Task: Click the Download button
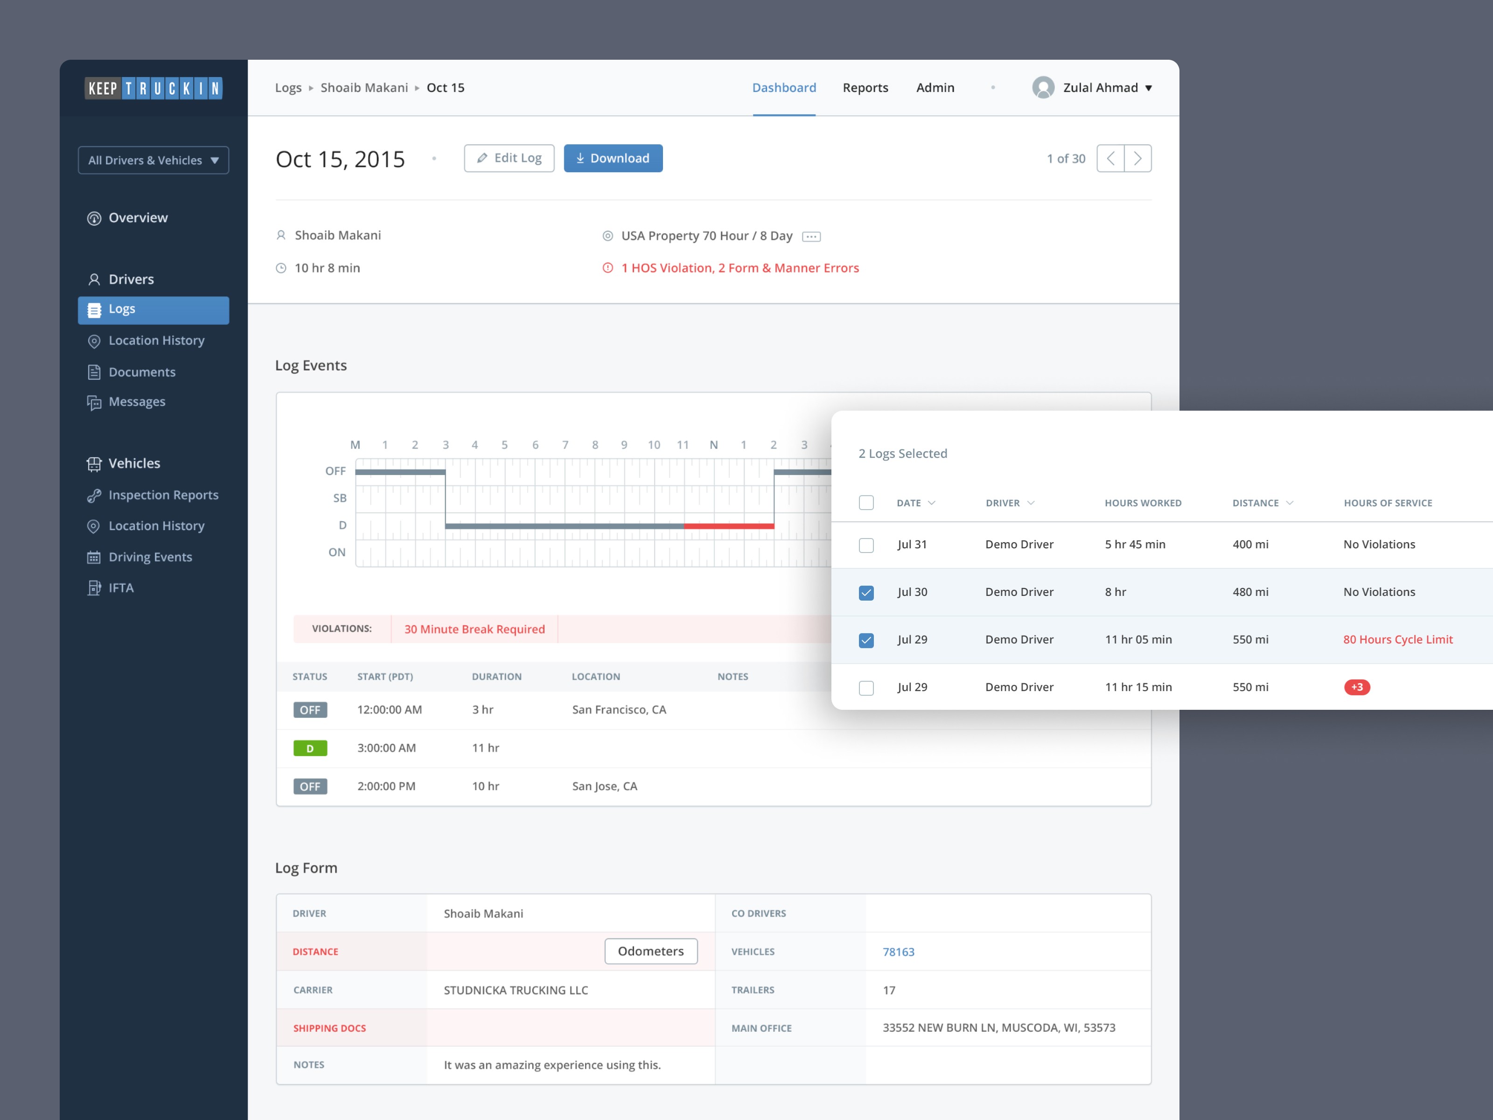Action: point(613,158)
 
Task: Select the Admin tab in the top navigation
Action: point(935,88)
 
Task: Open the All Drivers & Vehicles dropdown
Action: point(153,160)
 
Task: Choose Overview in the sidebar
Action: point(138,218)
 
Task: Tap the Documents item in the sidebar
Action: point(142,372)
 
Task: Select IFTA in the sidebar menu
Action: point(121,588)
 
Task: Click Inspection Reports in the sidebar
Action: point(163,495)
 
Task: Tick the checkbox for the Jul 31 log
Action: point(866,545)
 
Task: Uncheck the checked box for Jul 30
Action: point(866,593)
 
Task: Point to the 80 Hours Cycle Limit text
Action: point(1397,639)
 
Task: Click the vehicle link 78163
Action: point(898,952)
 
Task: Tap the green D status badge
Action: point(310,748)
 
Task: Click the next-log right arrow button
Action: point(1137,159)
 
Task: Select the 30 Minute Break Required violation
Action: point(474,629)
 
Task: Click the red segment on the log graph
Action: point(728,525)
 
